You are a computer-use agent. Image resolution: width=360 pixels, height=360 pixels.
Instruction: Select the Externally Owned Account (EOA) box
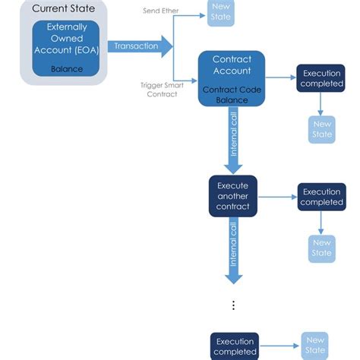67,47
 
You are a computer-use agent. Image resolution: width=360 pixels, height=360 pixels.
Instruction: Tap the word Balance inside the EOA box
67,68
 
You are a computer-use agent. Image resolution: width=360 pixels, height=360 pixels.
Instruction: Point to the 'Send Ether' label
159,11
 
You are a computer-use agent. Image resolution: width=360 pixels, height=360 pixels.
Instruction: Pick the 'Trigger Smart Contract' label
161,89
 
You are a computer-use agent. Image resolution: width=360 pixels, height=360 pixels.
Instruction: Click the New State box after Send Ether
221,14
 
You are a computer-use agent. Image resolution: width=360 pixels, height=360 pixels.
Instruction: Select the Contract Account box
232,78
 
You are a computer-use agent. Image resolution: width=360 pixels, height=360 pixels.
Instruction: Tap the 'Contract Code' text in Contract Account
232,89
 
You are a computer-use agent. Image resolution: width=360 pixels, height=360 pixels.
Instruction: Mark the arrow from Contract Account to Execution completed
280,78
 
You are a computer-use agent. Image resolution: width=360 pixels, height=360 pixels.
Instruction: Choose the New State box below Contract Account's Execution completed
321,129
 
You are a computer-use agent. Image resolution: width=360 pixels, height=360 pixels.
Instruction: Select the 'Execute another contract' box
233,196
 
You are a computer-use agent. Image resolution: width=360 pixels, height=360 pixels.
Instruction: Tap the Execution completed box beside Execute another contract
321,197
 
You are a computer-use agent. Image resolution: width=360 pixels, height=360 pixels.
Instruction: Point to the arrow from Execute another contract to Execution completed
278,196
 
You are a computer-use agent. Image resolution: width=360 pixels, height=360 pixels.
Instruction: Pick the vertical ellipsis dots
233,305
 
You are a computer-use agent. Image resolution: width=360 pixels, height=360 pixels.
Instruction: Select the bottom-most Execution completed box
234,346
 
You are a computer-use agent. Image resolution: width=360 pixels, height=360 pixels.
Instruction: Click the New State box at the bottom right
314,346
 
